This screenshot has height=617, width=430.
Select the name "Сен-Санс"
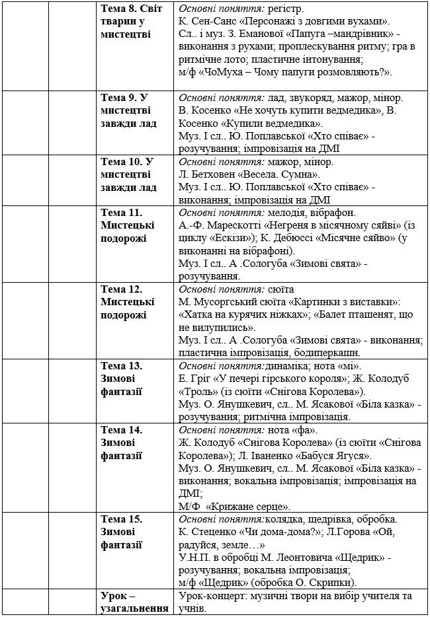216,22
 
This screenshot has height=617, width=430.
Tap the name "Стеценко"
212,532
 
